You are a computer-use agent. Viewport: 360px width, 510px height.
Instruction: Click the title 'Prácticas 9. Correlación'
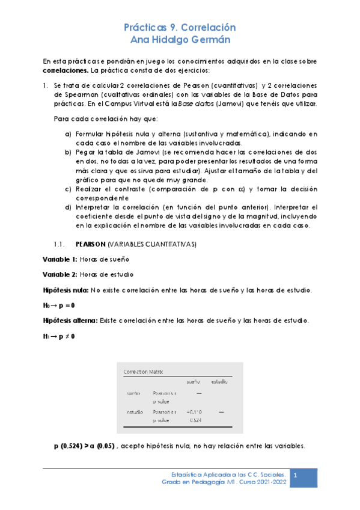(x=180, y=28)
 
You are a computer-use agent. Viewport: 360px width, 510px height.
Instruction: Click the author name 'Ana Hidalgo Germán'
(x=180, y=40)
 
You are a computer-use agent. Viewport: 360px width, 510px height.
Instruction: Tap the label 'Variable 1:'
(x=60, y=259)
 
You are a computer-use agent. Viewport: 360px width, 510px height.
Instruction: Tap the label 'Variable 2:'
(x=60, y=275)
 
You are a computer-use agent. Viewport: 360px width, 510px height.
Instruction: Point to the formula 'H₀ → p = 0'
(x=58, y=306)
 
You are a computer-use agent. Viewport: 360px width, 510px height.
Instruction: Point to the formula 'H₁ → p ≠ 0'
(x=58, y=336)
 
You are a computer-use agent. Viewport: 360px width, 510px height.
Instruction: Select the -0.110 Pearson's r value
(x=194, y=412)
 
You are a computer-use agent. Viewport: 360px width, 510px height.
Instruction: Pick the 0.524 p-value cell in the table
(x=195, y=420)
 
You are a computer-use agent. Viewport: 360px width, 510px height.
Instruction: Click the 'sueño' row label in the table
(x=133, y=393)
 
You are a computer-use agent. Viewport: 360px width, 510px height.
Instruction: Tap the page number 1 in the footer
(x=296, y=476)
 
